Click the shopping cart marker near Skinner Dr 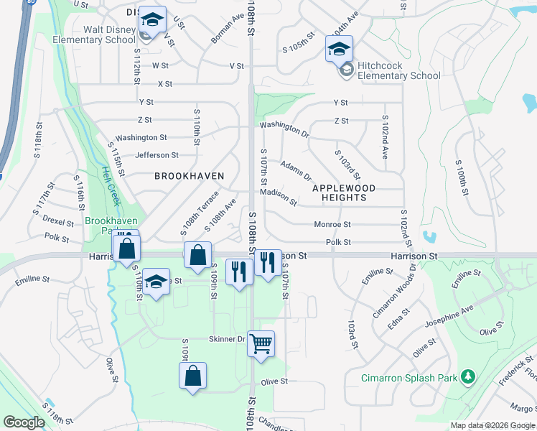(261, 343)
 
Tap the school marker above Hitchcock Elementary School (339, 48)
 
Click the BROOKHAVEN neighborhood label (189, 176)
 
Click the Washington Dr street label (284, 129)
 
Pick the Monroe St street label (332, 225)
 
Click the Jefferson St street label (157, 155)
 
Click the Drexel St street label (58, 221)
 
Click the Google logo (24, 422)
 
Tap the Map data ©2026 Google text (492, 425)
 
